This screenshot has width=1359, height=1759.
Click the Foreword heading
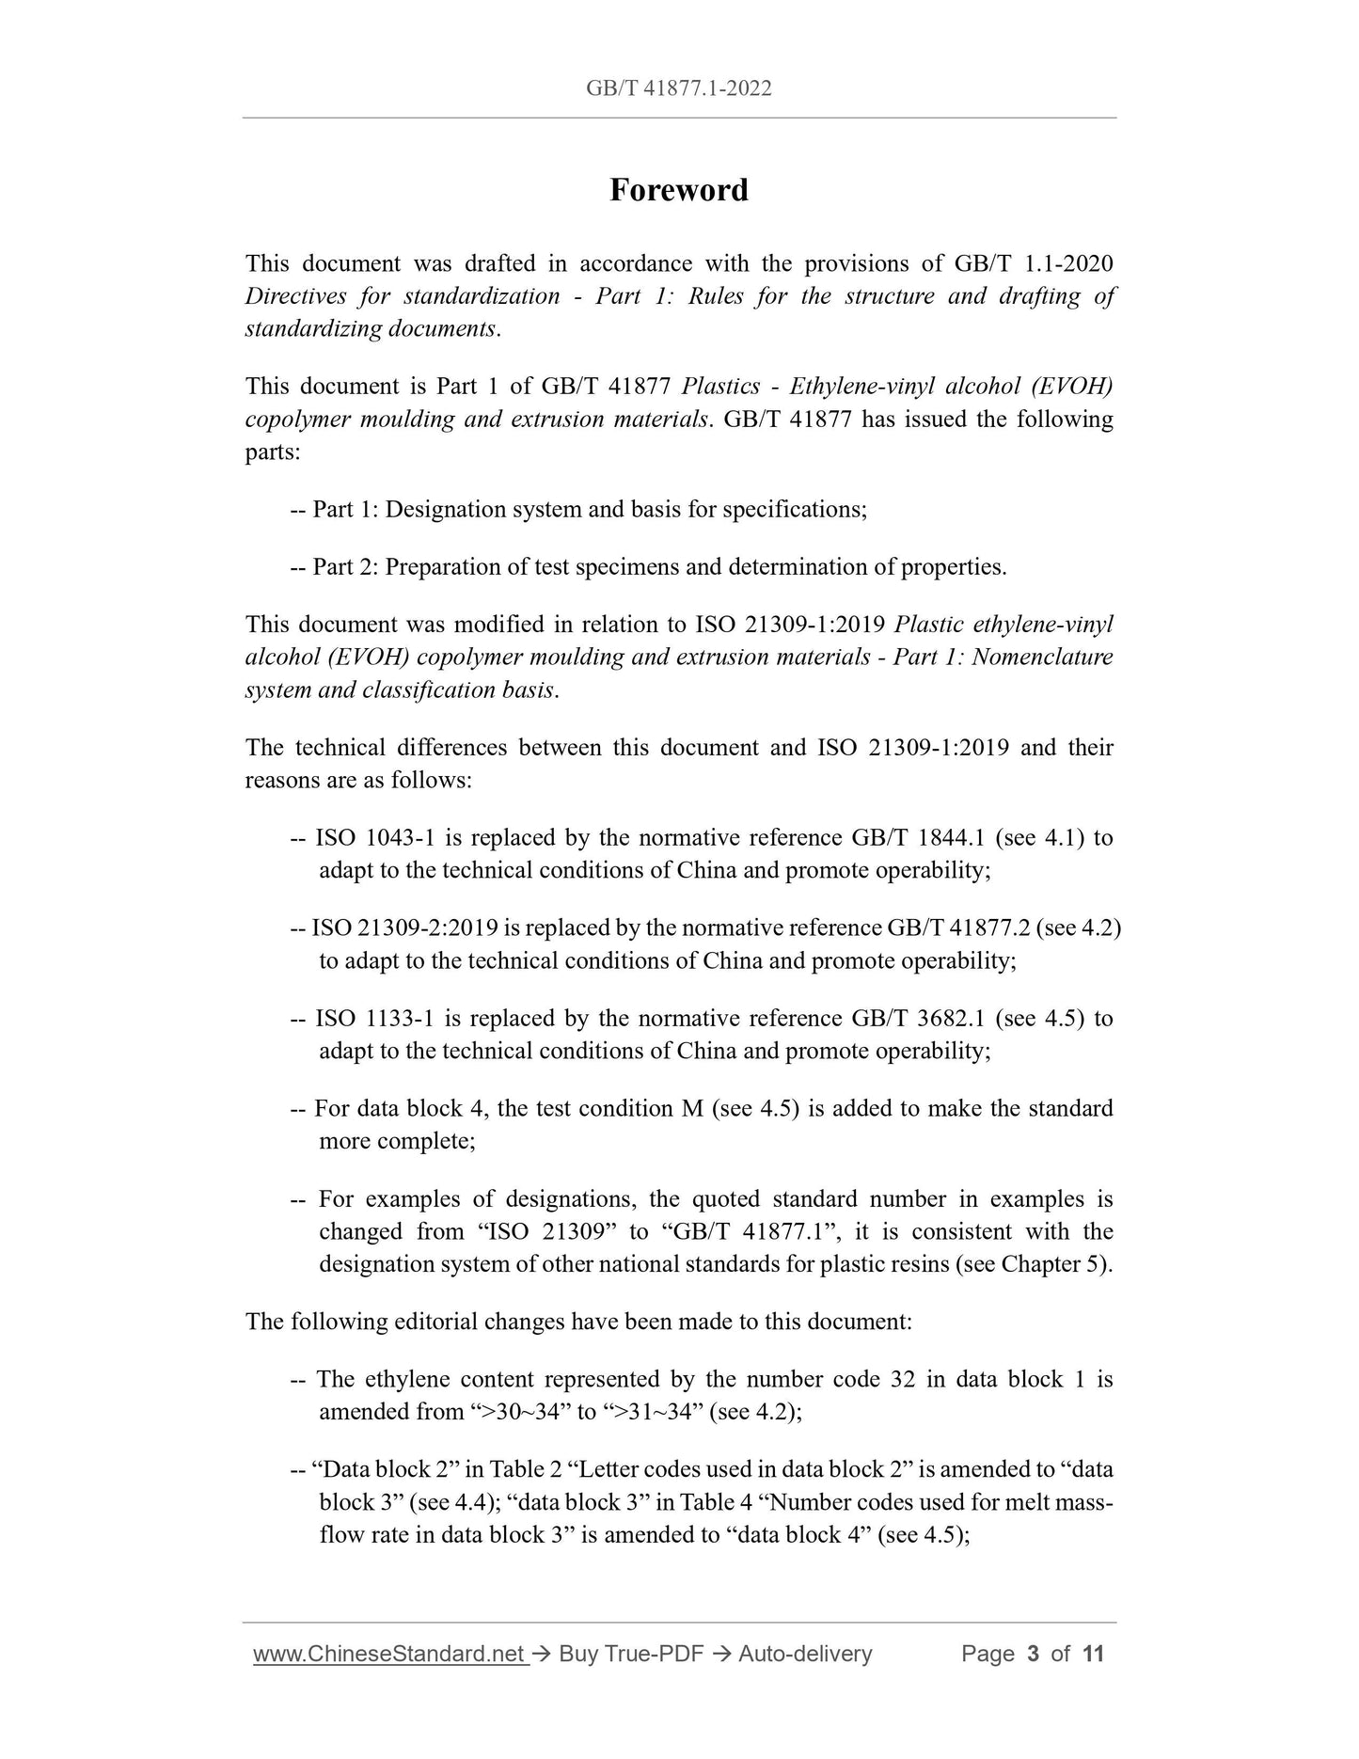coord(679,190)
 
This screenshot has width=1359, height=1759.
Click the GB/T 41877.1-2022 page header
coord(679,88)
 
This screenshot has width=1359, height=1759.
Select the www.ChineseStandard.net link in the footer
coord(389,1653)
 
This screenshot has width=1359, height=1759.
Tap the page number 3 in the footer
coord(1033,1653)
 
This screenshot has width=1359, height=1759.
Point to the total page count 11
coord(1093,1653)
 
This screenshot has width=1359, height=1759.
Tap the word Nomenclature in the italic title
coord(1042,657)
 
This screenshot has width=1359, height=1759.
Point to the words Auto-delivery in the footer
coord(805,1653)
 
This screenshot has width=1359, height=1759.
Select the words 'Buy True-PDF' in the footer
coord(631,1653)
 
